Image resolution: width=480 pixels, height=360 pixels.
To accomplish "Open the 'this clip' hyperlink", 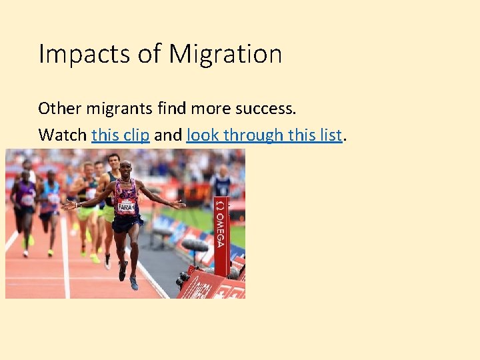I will (x=120, y=135).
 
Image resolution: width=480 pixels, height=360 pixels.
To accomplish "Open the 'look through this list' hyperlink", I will (x=264, y=135).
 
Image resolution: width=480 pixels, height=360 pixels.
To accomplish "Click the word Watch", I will (x=62, y=135).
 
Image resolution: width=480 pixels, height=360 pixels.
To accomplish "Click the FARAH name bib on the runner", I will (x=126, y=207).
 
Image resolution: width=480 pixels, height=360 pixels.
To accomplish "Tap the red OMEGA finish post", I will (x=221, y=233).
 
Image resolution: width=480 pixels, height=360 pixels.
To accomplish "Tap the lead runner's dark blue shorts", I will (x=127, y=223).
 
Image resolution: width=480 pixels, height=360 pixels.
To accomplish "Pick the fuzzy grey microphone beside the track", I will (x=195, y=245).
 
